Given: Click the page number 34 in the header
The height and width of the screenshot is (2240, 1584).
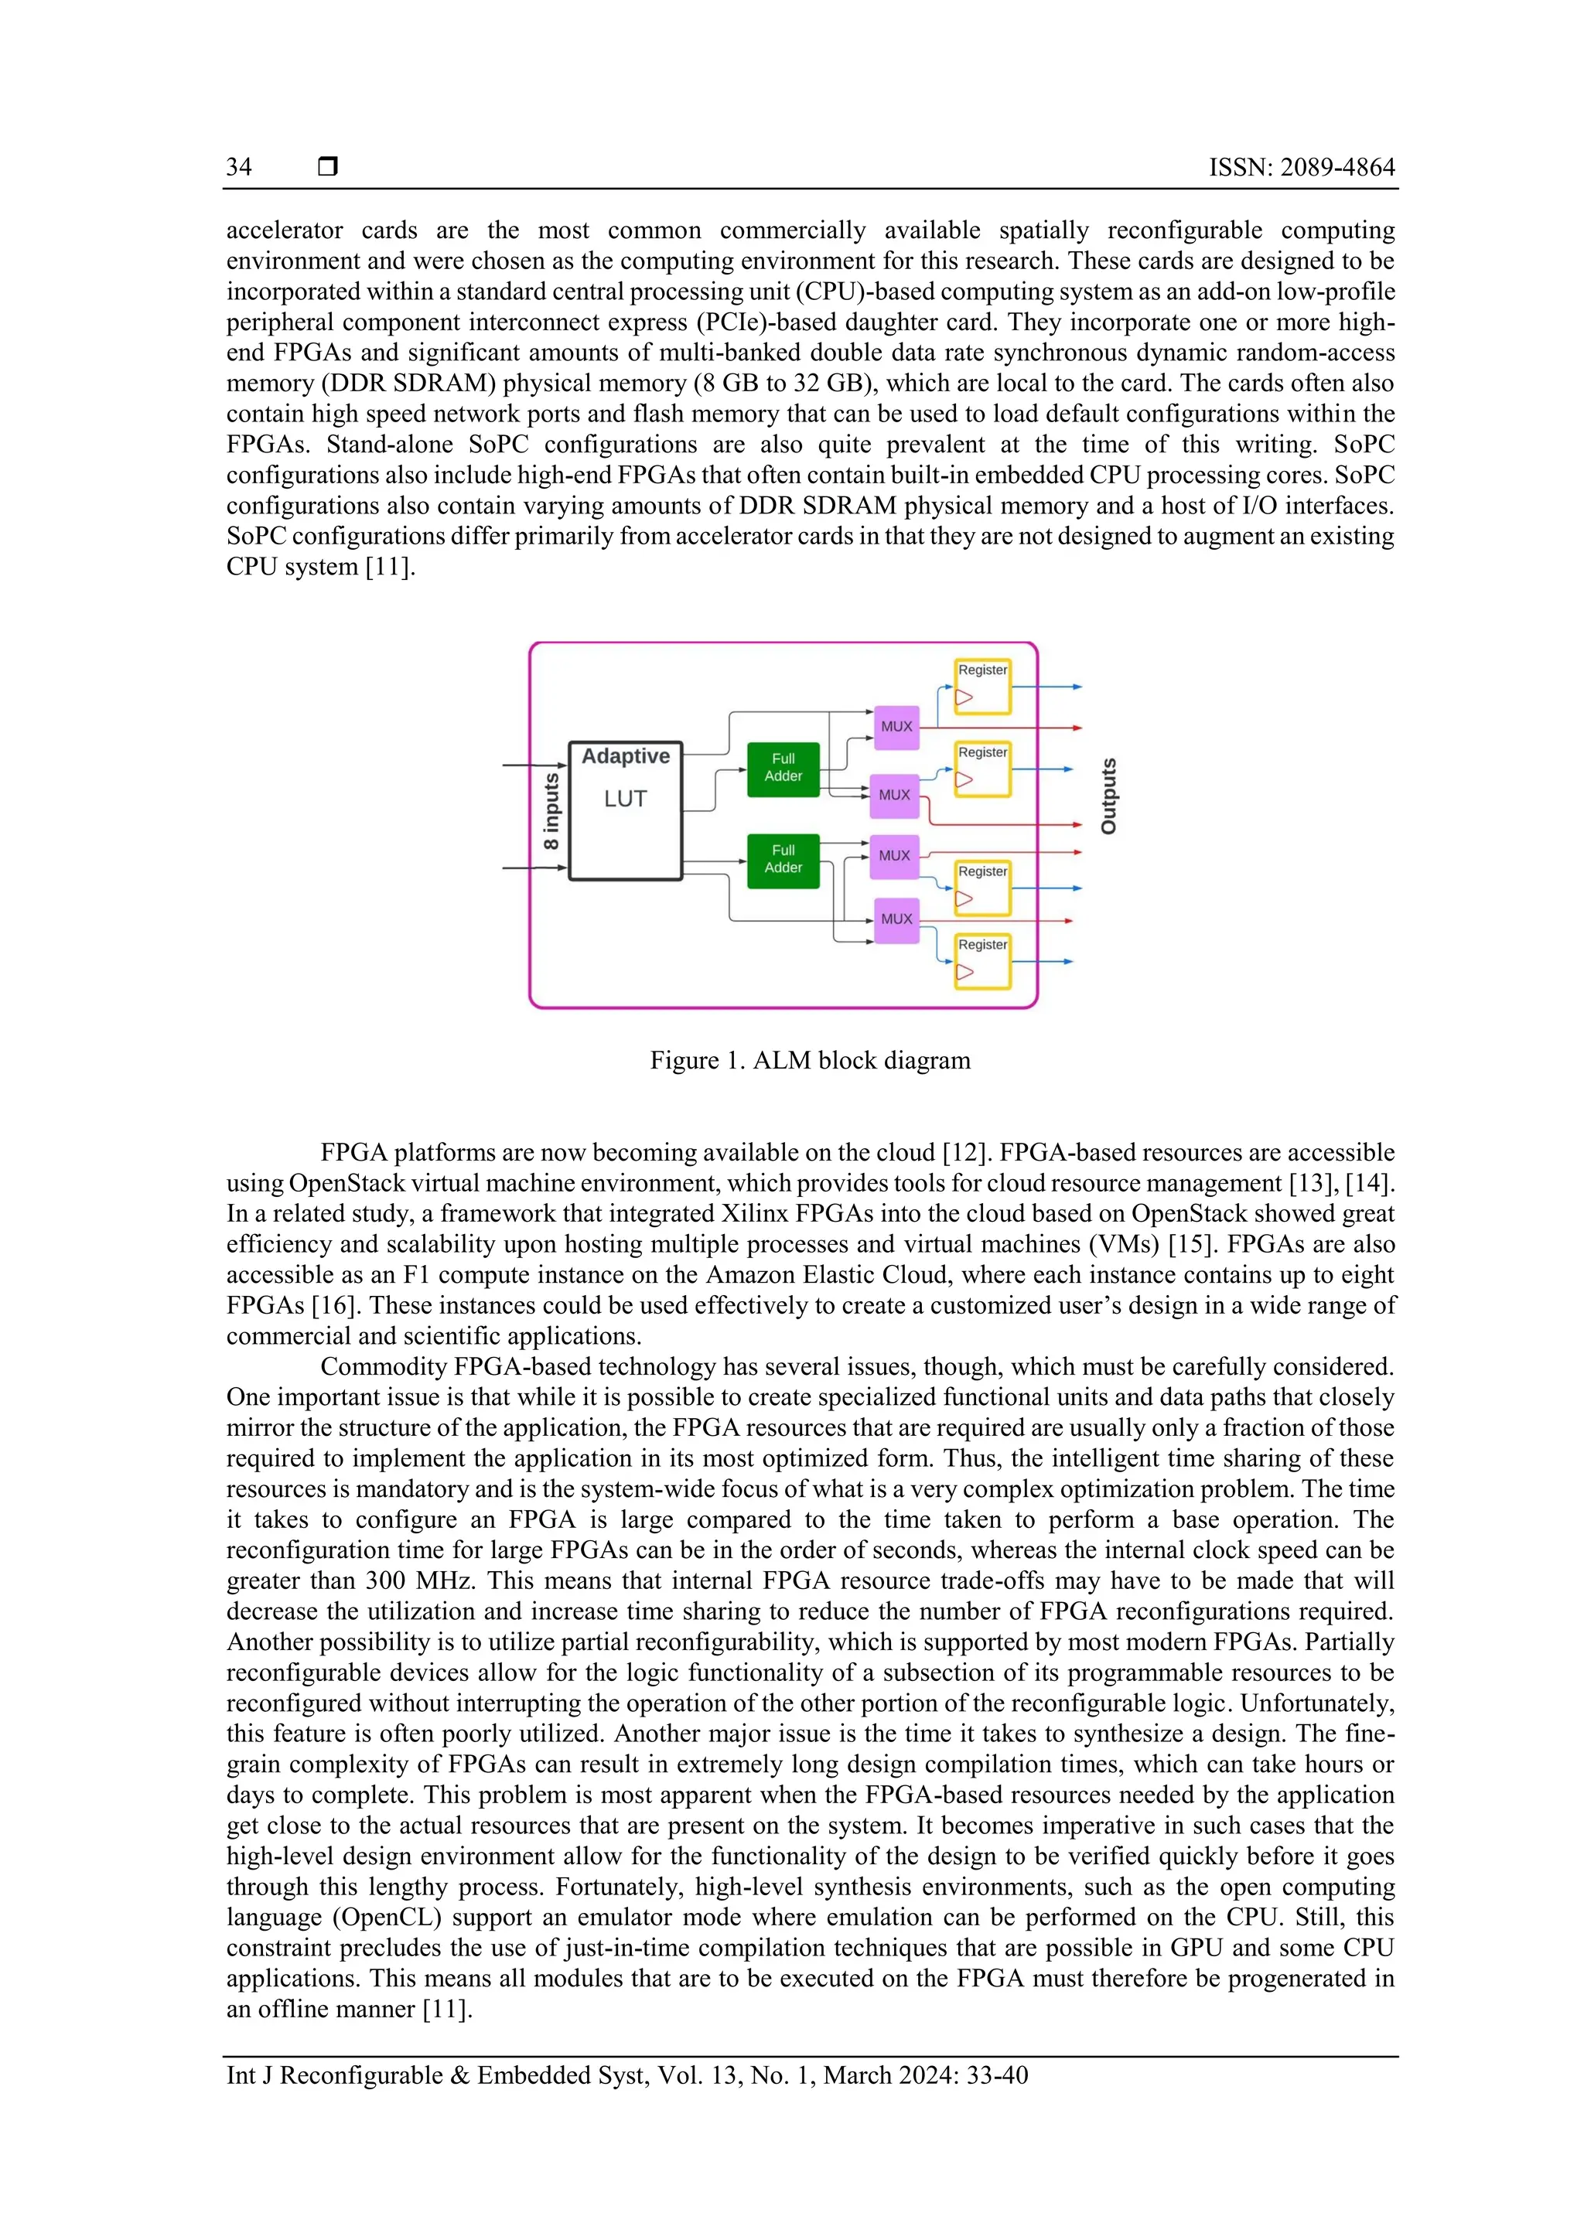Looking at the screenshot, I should point(239,167).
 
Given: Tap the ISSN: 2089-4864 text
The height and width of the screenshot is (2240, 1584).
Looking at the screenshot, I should point(1301,167).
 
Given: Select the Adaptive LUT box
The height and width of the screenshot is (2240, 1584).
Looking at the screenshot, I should point(625,810).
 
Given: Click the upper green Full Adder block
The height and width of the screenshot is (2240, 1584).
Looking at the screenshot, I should point(783,768).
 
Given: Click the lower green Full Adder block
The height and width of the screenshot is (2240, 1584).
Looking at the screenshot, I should point(783,860).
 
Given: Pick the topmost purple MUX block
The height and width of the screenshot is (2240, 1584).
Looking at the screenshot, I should point(896,727).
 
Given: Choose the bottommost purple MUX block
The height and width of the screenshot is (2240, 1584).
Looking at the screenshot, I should point(896,919).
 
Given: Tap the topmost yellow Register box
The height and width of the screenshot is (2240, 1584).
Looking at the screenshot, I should point(981,686).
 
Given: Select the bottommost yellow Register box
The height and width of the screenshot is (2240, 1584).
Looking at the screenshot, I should point(981,961).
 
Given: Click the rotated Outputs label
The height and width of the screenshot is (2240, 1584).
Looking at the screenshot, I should point(1108,796).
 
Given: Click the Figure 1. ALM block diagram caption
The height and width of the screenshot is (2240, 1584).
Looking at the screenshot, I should point(810,1061).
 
